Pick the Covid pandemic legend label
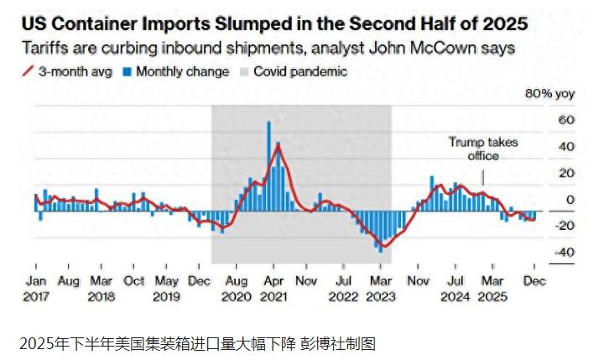[x=299, y=71]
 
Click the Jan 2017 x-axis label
[x=35, y=289]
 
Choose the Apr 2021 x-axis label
[x=273, y=289]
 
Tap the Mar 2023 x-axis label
[x=380, y=289]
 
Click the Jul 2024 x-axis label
[x=455, y=289]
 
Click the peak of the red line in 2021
[x=277, y=145]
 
